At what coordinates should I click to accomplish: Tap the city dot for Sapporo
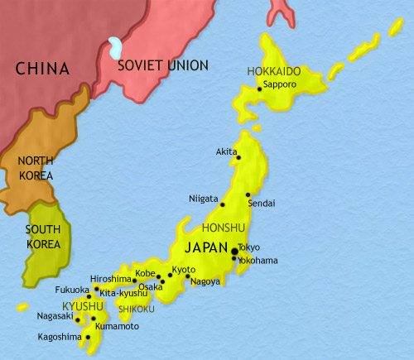(x=260, y=88)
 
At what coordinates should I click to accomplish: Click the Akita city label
(x=226, y=152)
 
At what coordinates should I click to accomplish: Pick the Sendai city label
(x=262, y=203)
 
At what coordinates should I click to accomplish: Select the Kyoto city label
(x=184, y=270)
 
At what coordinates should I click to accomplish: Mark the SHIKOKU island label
(x=137, y=309)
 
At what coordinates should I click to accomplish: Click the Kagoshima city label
(x=60, y=338)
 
